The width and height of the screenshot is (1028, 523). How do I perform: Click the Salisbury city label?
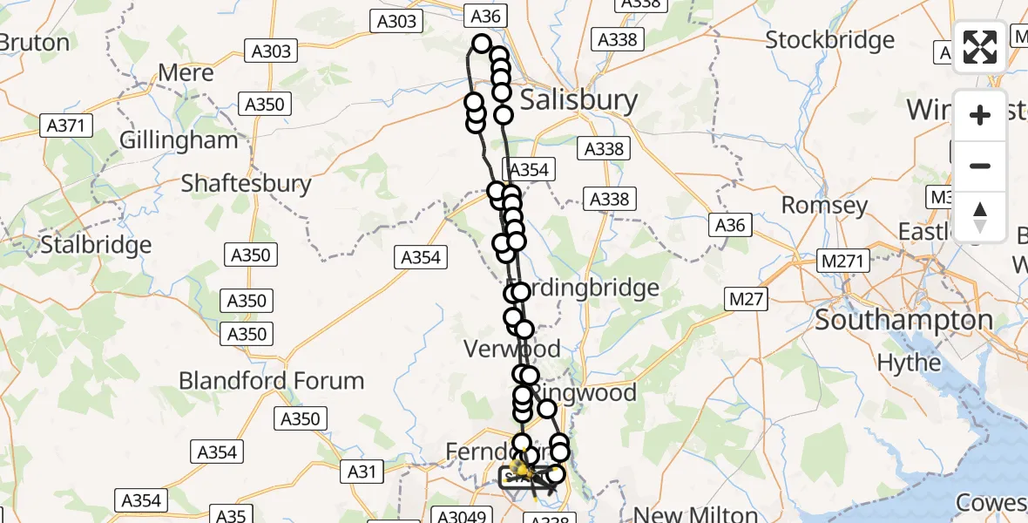click(578, 100)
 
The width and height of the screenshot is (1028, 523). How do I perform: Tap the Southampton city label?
click(903, 320)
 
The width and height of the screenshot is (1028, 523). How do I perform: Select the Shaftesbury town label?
click(246, 183)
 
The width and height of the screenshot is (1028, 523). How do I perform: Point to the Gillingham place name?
click(179, 140)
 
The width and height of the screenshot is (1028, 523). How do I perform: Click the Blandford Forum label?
click(271, 381)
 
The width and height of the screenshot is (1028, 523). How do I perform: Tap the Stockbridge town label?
click(829, 40)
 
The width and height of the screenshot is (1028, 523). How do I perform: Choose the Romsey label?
click(824, 206)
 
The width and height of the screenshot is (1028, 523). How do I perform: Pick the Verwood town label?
click(511, 350)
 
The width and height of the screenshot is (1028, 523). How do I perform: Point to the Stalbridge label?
click(96, 244)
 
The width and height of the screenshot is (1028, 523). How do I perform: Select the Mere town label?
click(186, 72)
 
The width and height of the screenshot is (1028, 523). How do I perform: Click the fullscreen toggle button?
click(980, 47)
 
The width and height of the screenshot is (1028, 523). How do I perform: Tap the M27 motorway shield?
click(746, 300)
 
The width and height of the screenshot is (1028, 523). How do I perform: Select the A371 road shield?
click(65, 126)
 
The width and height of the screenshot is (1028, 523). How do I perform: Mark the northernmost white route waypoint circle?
click(482, 43)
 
